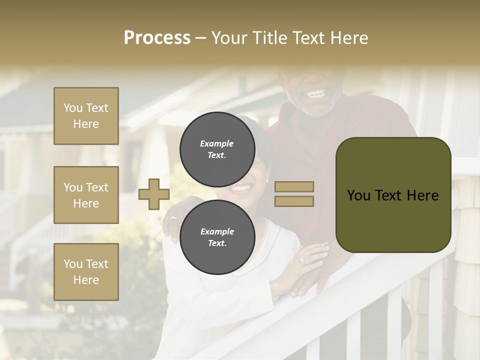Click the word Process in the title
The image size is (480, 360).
click(x=157, y=37)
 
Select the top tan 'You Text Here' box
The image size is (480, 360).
click(x=86, y=116)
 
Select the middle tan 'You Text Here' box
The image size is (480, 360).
click(x=86, y=195)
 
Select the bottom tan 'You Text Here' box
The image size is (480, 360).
click(x=86, y=272)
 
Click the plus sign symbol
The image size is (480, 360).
click(x=154, y=194)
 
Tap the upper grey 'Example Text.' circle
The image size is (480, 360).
click(x=217, y=149)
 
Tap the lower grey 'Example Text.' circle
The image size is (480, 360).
click(x=217, y=237)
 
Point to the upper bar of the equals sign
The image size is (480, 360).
click(x=294, y=186)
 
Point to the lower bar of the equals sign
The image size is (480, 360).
click(x=294, y=201)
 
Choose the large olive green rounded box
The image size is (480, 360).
click(x=393, y=195)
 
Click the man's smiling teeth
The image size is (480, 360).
click(x=316, y=94)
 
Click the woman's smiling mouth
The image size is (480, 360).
click(x=241, y=188)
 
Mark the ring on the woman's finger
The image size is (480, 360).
click(x=302, y=260)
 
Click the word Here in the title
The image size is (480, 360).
click(x=349, y=37)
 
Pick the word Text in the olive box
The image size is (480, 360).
click(x=392, y=195)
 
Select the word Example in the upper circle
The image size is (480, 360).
click(x=216, y=143)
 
